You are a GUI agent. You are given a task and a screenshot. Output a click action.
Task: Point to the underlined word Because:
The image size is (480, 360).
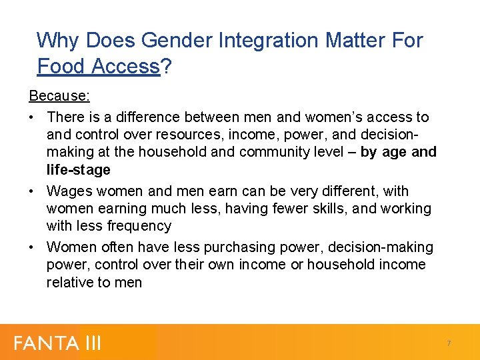point(59,96)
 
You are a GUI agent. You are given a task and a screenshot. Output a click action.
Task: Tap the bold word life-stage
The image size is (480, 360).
point(78,170)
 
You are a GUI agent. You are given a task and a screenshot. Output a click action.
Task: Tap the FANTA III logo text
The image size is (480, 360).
point(57,343)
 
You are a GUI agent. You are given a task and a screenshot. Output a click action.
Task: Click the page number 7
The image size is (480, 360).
point(449,343)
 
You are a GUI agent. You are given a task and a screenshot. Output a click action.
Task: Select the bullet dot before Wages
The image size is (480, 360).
point(33,191)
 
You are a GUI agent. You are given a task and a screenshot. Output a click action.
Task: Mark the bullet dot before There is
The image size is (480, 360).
point(33,117)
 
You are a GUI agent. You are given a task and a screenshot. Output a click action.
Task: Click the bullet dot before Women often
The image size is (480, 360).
point(33,247)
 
